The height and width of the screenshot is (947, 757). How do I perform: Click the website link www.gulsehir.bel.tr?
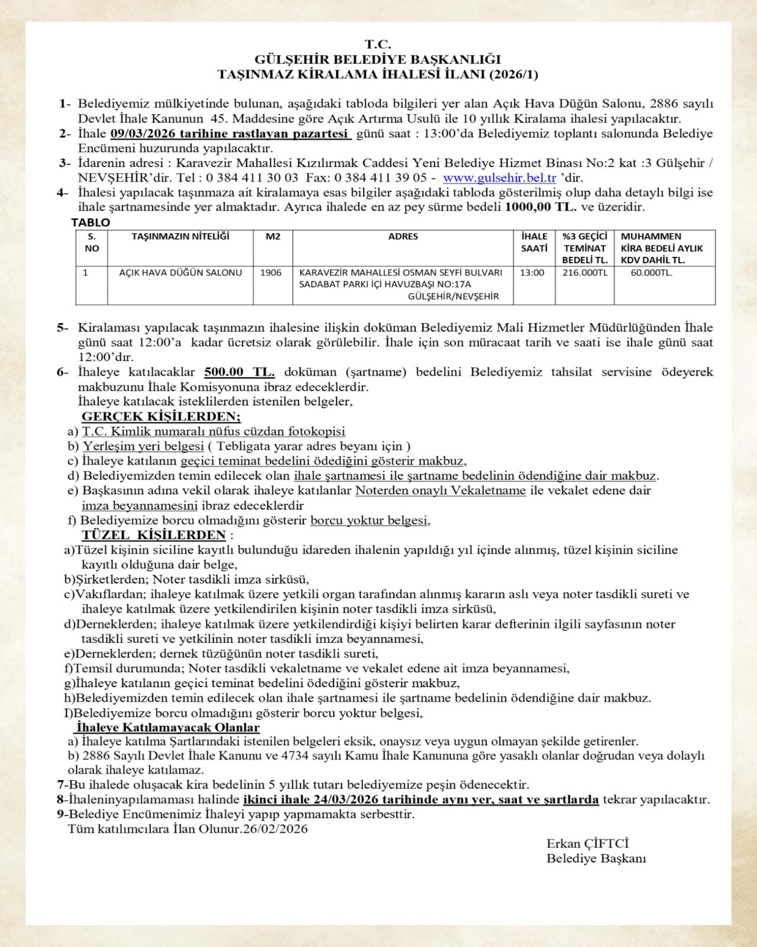coord(499,178)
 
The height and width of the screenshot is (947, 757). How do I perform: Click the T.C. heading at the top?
coord(378,44)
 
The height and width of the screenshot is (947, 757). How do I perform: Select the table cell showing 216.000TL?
coord(584,273)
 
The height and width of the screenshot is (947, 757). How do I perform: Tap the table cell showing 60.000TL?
coord(651,273)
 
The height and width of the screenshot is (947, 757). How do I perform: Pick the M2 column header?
coord(273,236)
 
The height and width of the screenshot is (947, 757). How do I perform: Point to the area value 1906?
coord(271,273)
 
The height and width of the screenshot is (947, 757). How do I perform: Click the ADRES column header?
coord(403,236)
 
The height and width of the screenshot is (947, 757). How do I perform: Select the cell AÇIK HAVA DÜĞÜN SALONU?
coord(180,273)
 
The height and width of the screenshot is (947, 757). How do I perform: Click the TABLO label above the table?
coord(90,223)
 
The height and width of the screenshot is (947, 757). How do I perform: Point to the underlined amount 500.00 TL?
coord(239,372)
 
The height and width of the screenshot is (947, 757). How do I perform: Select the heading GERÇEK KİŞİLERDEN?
coord(161,416)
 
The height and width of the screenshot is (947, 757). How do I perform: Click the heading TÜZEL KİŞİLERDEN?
coord(154,535)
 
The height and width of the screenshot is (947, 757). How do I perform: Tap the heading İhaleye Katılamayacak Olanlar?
coord(167,727)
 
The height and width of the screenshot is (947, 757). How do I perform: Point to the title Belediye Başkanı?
coord(596,858)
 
